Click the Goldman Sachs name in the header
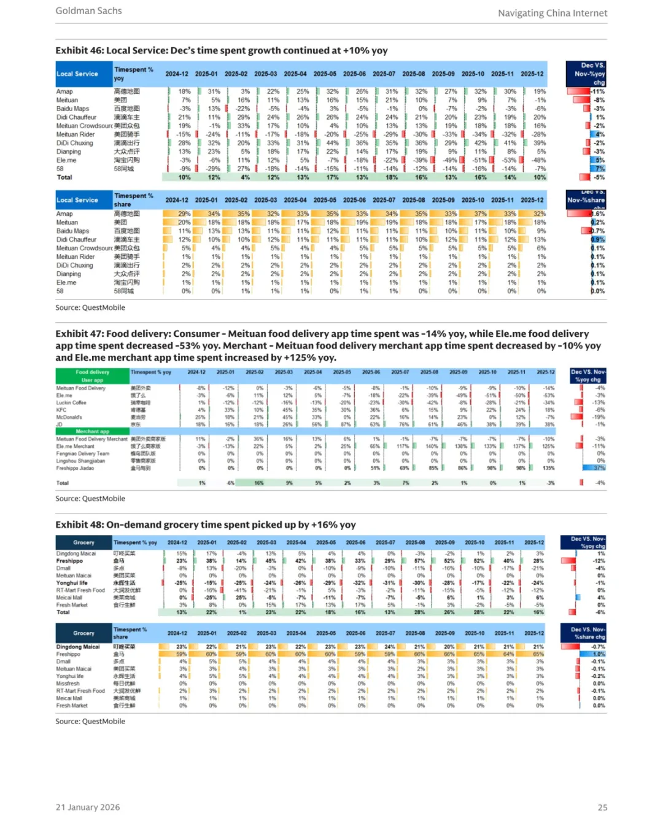tap(88, 11)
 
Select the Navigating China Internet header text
tap(552, 13)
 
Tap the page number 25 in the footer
tap(602, 807)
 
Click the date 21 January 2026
tap(88, 807)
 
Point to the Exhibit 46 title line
tap(222, 51)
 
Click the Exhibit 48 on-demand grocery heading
tap(206, 525)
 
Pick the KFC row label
tap(61, 410)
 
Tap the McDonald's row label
tap(69, 417)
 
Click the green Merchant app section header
tap(92, 431)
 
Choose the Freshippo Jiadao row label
tap(75, 468)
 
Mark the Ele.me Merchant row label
tap(76, 446)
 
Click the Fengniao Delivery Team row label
tap(83, 453)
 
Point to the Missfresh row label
tap(68, 684)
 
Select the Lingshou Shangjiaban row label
tap(80, 461)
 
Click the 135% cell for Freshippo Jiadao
tap(548, 468)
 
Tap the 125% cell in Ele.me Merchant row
tap(548, 446)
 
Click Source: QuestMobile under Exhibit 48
tap(90, 722)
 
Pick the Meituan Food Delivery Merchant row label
tap(91, 439)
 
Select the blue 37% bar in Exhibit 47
tap(594, 468)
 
